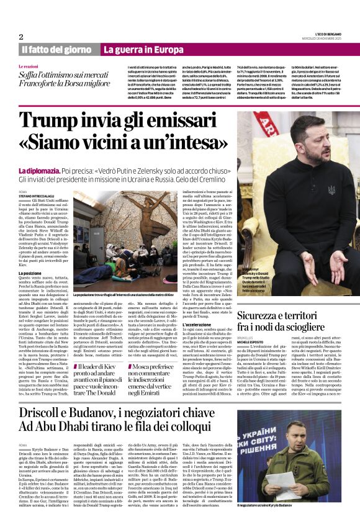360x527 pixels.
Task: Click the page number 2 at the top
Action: point(21,37)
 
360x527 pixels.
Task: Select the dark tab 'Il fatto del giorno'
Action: point(57,49)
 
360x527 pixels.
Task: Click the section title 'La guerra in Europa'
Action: point(143,49)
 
